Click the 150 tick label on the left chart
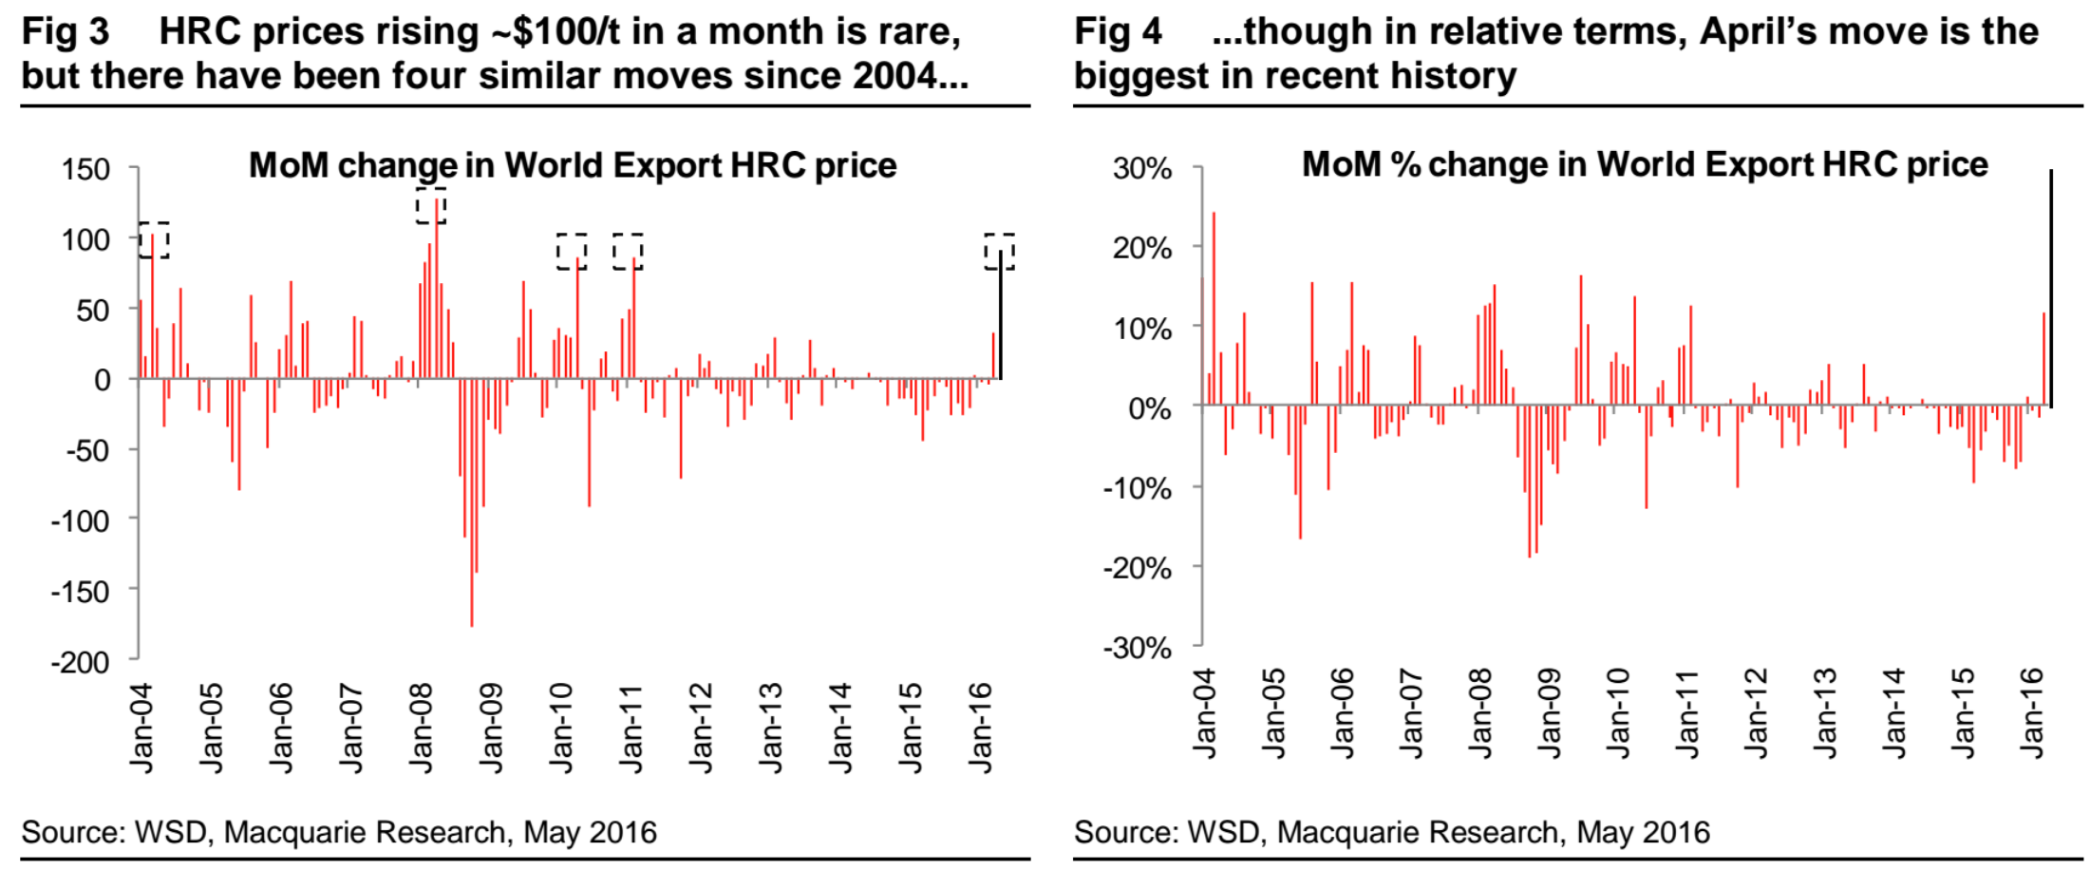(x=85, y=170)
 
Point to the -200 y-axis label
(x=80, y=661)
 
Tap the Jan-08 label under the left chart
(x=421, y=728)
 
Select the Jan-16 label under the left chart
(x=980, y=728)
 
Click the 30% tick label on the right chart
(x=1141, y=169)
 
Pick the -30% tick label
(x=1137, y=648)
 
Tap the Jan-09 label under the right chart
(x=1549, y=713)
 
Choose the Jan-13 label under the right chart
(x=1825, y=713)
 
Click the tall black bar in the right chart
(x=2051, y=289)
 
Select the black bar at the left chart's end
(x=1000, y=313)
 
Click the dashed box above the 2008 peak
(x=431, y=206)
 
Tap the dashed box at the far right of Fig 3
(x=999, y=252)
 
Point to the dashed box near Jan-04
(x=154, y=240)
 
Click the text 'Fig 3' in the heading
(x=65, y=31)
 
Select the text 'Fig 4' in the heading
(x=1118, y=31)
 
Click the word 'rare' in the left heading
(x=925, y=31)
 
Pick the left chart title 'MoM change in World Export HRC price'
(x=573, y=165)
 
